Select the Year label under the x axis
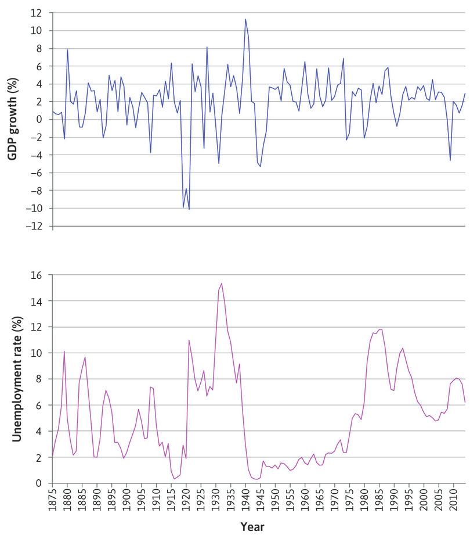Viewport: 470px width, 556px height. (252, 527)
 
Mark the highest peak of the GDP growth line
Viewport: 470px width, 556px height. (245, 19)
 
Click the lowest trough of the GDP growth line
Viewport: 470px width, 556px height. (189, 209)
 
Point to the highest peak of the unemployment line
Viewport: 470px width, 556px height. (222, 284)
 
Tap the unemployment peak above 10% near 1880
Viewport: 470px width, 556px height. (64, 351)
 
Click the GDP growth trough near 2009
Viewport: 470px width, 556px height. (450, 160)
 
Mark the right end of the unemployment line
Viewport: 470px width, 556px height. (465, 402)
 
